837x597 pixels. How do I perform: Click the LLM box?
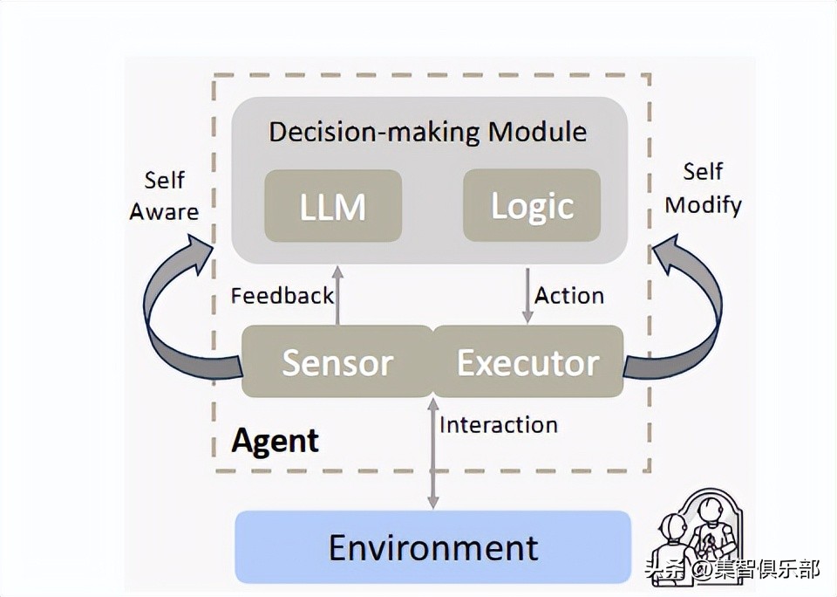(x=333, y=206)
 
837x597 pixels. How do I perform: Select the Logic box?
(x=532, y=206)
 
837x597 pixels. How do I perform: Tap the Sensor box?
(x=337, y=362)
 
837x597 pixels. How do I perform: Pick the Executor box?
(x=528, y=362)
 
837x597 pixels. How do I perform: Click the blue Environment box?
(x=433, y=546)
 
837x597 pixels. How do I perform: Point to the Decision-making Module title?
(x=427, y=132)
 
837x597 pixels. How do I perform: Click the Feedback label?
(x=282, y=296)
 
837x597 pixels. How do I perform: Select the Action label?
(x=569, y=296)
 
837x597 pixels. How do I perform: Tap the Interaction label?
(x=499, y=425)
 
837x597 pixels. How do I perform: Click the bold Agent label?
(x=276, y=442)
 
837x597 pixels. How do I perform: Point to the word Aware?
(x=165, y=212)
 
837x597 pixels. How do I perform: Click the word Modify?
(x=703, y=205)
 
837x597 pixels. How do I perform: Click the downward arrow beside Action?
(x=527, y=296)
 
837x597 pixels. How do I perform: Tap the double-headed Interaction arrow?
(x=433, y=452)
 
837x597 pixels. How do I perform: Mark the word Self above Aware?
(x=164, y=180)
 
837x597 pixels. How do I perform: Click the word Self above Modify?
(x=703, y=172)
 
